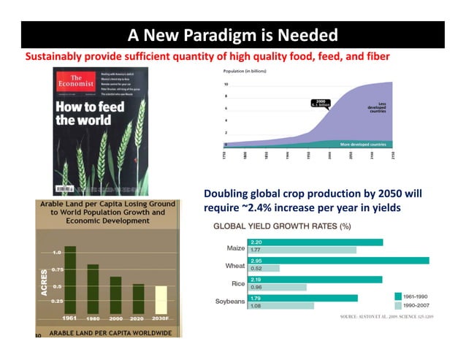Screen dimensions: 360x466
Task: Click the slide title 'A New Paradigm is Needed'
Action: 232,35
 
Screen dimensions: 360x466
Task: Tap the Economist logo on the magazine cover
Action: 72,82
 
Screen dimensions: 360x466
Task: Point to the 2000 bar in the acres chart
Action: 115,294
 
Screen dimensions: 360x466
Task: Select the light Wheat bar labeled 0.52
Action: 264,268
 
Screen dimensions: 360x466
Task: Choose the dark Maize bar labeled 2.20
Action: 316,242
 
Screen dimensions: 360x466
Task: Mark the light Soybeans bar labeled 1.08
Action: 281,305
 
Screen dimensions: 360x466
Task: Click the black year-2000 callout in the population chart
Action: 318,103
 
